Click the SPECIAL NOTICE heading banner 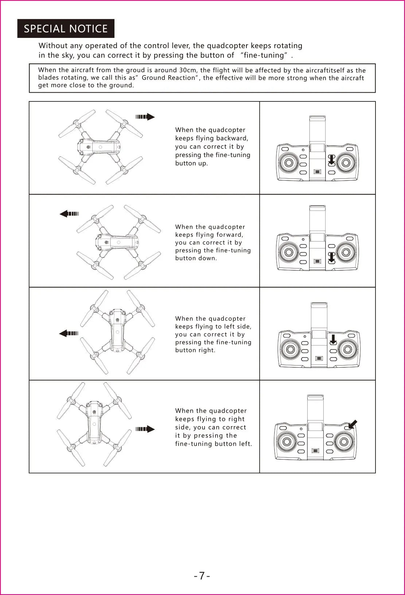[x=66, y=28]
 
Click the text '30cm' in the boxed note [x=187, y=70]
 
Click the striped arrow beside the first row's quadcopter [x=145, y=117]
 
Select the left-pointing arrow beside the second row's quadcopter [x=69, y=214]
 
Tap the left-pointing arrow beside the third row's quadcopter [x=69, y=333]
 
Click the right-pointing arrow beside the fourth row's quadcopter [x=145, y=429]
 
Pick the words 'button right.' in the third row [x=195, y=350]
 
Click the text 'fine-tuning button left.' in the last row [x=214, y=444]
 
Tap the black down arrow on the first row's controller [x=331, y=159]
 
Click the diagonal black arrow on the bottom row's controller [x=353, y=424]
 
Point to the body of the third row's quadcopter [x=117, y=328]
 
